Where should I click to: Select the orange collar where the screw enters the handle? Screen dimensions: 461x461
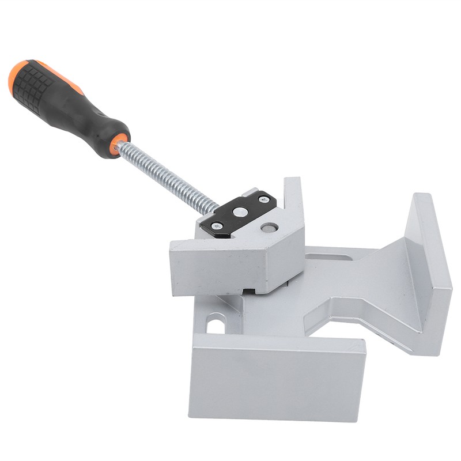(x=119, y=142)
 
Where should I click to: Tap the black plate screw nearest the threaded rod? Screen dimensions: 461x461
(x=218, y=226)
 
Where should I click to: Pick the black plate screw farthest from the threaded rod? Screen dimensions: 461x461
(x=264, y=199)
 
